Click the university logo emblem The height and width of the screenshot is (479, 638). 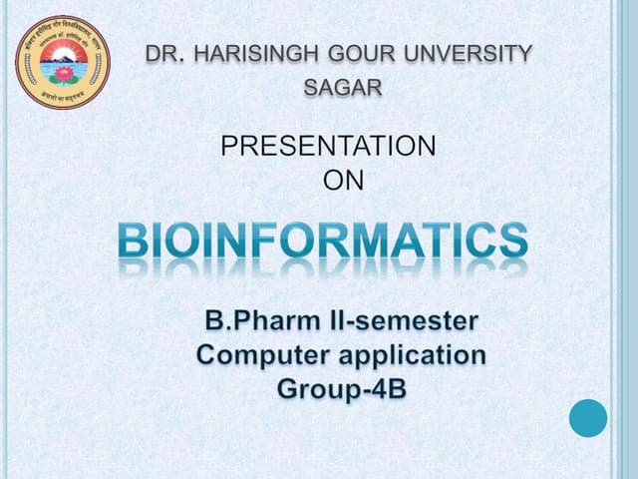(63, 62)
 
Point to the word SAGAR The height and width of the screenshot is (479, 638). (342, 87)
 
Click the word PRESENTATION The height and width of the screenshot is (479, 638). (328, 147)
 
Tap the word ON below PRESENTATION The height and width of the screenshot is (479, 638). (344, 181)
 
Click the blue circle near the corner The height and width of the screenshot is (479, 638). (588, 417)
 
